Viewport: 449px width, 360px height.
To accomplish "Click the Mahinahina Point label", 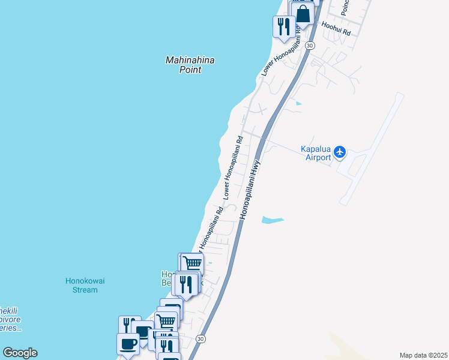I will (190, 65).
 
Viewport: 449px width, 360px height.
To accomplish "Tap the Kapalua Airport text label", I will (316, 154).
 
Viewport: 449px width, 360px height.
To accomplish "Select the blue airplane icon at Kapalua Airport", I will (340, 152).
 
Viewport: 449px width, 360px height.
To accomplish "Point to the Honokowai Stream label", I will (81, 285).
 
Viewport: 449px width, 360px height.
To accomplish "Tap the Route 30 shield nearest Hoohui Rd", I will (310, 45).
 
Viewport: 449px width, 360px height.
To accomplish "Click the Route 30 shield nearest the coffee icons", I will (200, 339).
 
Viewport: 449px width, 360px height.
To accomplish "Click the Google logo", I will (20, 353).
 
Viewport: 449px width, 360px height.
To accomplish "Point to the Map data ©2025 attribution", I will (423, 355).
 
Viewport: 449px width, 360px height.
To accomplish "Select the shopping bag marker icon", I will (303, 13).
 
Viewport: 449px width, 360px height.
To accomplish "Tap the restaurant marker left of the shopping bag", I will (283, 26).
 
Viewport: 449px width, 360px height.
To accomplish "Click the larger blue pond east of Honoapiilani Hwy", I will (272, 220).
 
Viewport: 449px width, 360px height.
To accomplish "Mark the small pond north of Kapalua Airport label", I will (299, 104).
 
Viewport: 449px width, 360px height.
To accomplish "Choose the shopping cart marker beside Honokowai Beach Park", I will (192, 263).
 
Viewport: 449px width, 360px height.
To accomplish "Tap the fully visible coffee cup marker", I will (128, 344).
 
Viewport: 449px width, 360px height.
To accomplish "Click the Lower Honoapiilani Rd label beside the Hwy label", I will (233, 167).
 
